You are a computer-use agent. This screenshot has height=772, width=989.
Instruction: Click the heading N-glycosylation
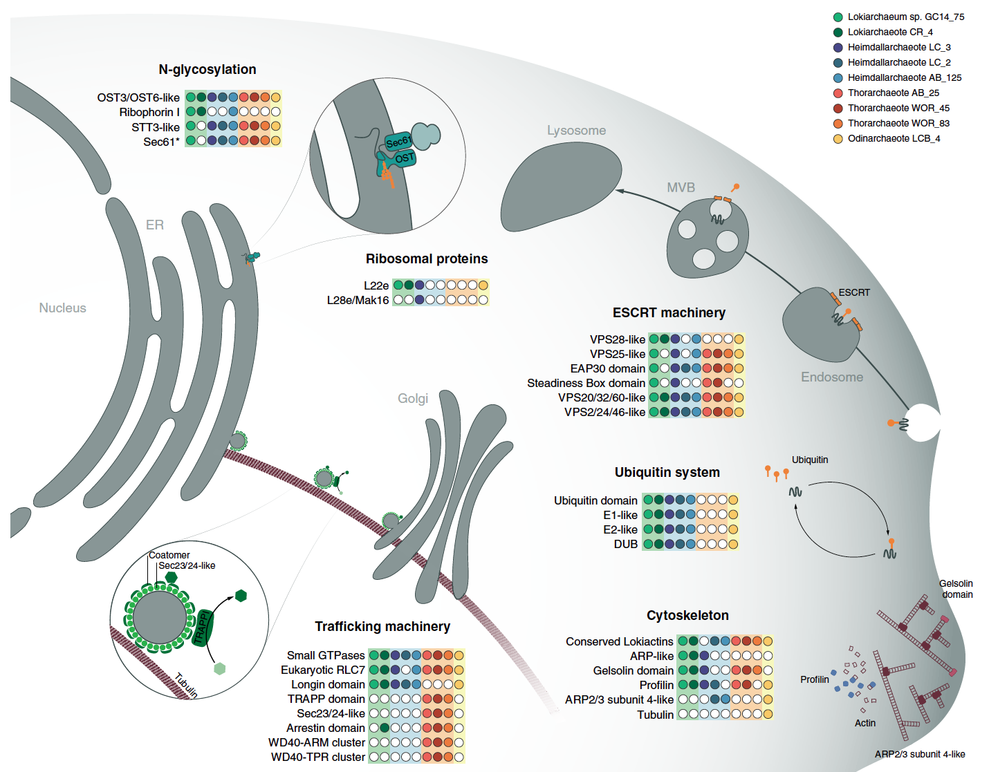click(207, 69)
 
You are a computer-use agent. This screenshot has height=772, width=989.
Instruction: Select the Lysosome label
click(576, 131)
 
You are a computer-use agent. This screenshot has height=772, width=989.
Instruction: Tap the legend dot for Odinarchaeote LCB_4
click(838, 139)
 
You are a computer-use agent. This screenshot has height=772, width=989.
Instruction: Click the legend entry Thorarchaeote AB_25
click(893, 93)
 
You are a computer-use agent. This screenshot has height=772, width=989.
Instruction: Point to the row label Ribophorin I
click(149, 113)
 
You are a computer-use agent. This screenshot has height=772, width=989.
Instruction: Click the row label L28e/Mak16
click(358, 301)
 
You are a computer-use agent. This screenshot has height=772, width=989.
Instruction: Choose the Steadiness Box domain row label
click(586, 384)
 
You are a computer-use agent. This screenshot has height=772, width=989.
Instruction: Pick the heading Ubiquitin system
click(667, 473)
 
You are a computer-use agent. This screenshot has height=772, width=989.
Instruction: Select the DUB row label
click(625, 545)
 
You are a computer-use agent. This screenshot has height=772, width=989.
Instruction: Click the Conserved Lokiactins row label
click(619, 642)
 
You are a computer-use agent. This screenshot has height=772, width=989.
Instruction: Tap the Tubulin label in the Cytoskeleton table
click(655, 715)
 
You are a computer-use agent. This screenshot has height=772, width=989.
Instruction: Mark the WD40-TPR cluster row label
click(318, 757)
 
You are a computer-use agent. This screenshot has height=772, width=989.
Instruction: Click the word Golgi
click(413, 399)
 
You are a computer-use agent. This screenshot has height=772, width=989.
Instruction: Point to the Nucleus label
click(62, 308)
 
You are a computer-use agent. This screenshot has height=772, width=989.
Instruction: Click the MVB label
click(681, 188)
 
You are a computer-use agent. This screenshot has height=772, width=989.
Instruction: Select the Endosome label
click(832, 377)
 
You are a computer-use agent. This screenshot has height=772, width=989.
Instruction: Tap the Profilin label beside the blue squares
click(814, 680)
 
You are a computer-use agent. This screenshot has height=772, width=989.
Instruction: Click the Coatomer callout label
click(169, 555)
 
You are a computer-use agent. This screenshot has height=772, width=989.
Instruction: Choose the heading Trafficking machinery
click(382, 627)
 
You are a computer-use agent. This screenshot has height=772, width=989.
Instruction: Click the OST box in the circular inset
click(405, 158)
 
